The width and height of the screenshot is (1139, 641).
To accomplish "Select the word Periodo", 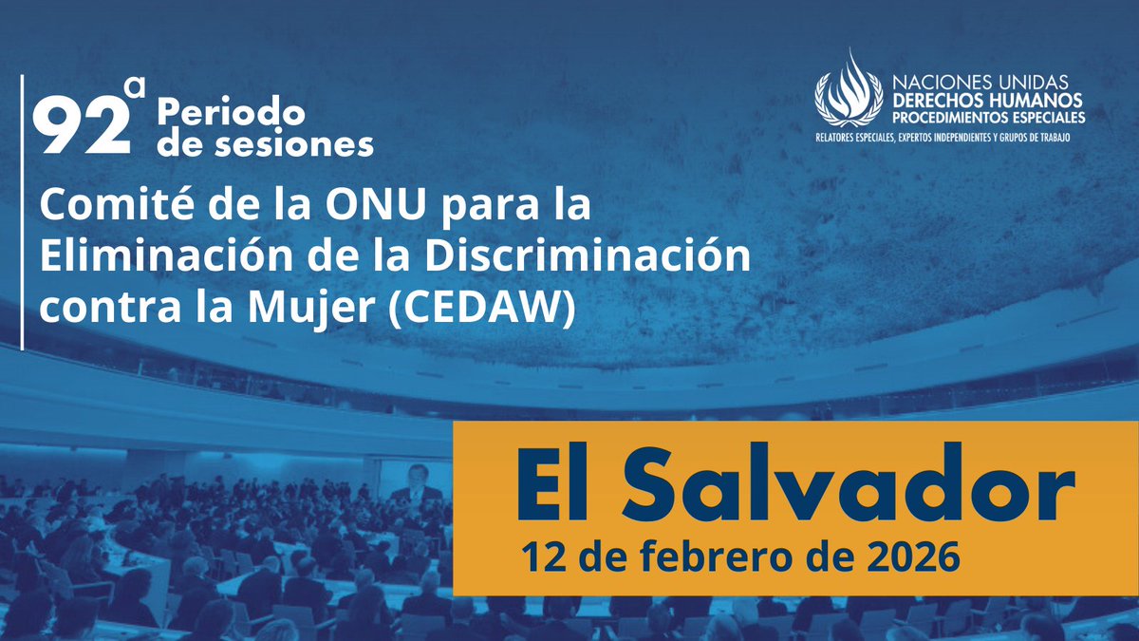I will point(232,113).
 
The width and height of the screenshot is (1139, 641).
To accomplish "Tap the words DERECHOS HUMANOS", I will point(986,101).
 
